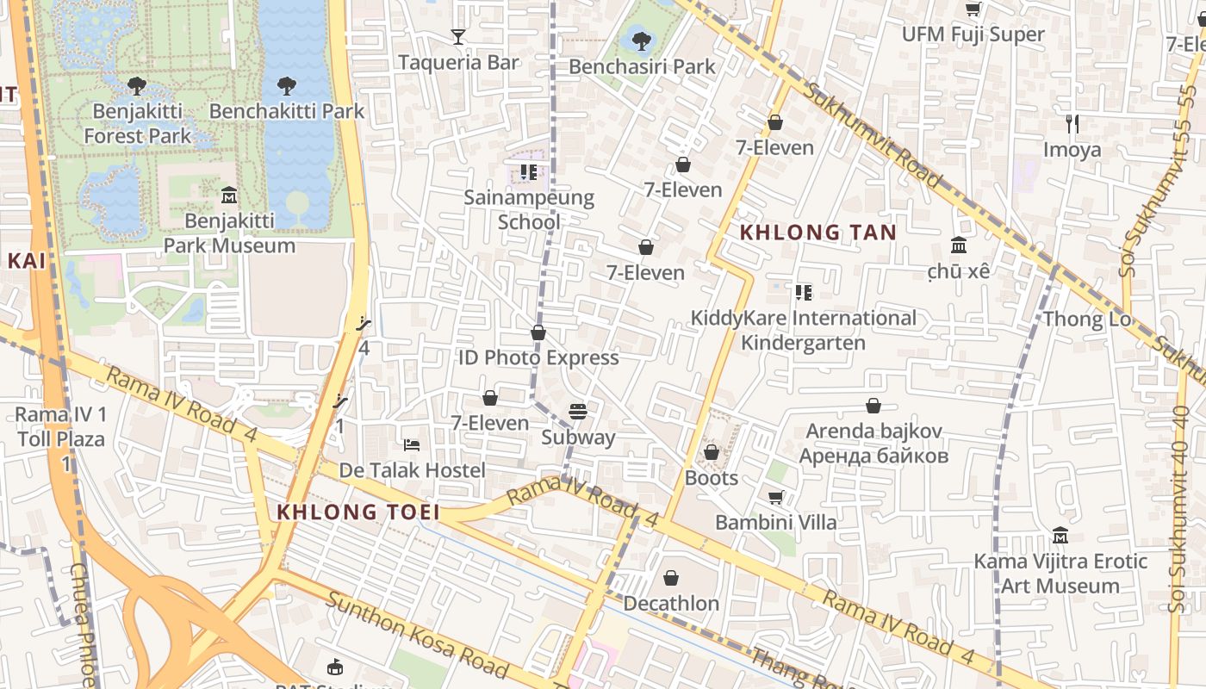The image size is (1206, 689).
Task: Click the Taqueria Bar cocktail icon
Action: [458, 37]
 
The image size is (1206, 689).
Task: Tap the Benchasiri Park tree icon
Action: [641, 40]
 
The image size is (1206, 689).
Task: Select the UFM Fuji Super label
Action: [973, 34]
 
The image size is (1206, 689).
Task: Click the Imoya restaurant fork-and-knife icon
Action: [1072, 124]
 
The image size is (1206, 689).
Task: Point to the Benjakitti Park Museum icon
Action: [229, 196]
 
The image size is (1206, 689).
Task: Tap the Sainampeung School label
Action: [529, 209]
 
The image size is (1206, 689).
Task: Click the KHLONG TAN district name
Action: [817, 232]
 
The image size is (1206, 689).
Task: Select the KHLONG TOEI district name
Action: [358, 512]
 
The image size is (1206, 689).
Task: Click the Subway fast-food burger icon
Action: [578, 412]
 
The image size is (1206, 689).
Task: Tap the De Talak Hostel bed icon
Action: [412, 445]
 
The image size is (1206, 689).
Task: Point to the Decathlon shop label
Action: [671, 603]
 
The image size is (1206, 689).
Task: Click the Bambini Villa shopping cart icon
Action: [775, 497]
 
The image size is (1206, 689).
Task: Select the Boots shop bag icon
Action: [712, 452]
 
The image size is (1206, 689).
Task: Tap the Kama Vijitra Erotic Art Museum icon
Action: [1060, 536]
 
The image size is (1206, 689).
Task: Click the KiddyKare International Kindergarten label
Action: [803, 330]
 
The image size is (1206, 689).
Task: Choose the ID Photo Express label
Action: [538, 357]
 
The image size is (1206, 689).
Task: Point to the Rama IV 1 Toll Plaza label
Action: [61, 427]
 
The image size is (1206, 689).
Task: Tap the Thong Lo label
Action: [1086, 320]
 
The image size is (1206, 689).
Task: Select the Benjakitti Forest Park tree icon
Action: [136, 85]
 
